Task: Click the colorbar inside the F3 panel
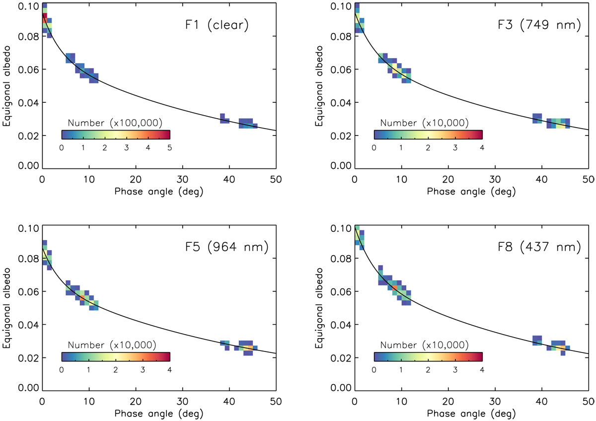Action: pos(428,135)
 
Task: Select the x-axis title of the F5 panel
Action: pos(159,413)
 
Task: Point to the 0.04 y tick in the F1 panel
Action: pos(29,103)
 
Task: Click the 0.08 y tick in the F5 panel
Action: pos(29,259)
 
